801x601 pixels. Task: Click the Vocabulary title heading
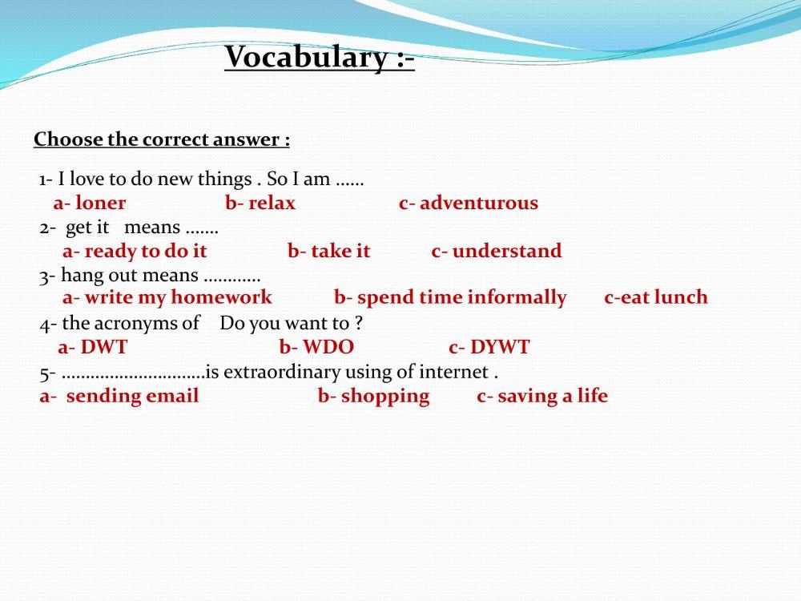[x=319, y=58]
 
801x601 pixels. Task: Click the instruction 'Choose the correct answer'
[x=161, y=140]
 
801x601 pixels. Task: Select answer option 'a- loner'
[x=90, y=204]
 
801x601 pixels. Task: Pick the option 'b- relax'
[x=260, y=204]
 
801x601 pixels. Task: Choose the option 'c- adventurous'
[x=469, y=204]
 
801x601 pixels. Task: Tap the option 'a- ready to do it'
[x=135, y=252]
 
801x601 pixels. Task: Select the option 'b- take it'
[x=329, y=252]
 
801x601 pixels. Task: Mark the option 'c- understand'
[x=497, y=252]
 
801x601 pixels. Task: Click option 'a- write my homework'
[x=167, y=298]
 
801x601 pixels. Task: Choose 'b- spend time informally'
[x=450, y=298]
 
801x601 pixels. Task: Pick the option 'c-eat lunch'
[x=656, y=298]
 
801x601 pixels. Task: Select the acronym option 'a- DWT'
[x=93, y=348]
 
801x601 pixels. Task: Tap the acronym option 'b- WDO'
[x=316, y=348]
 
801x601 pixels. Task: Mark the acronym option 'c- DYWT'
[x=489, y=348]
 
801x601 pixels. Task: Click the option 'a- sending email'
[x=119, y=396]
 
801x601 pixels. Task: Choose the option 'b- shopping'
[x=374, y=396]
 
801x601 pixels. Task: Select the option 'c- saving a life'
[x=542, y=396]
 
